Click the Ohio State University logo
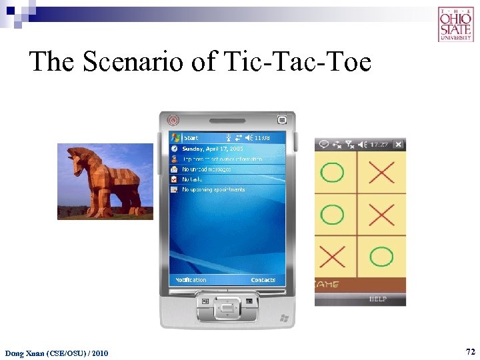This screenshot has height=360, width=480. (456, 24)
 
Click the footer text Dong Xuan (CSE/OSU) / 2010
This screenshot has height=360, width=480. (57, 353)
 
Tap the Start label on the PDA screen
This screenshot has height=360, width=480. (191, 138)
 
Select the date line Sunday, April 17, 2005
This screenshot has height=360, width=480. (213, 149)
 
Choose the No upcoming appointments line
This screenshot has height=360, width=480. (213, 189)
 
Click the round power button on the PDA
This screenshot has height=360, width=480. (173, 121)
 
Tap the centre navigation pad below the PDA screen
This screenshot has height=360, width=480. (227, 308)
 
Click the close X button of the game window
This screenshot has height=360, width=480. (398, 144)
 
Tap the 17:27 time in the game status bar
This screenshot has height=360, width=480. (379, 144)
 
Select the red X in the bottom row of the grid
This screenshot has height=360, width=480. (333, 257)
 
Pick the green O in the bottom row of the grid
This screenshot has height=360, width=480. (381, 257)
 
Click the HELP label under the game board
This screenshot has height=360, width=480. (378, 299)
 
